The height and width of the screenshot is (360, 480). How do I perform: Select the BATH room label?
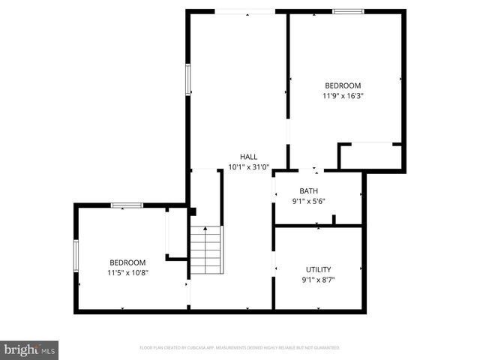[308, 190]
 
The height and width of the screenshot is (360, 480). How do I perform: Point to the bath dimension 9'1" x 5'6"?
[308, 201]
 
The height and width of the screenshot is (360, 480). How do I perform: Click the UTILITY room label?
[318, 269]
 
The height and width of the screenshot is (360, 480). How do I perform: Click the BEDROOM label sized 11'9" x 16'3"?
[342, 85]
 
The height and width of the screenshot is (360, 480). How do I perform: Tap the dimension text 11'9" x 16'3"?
[342, 96]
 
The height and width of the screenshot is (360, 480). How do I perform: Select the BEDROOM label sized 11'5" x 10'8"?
[127, 262]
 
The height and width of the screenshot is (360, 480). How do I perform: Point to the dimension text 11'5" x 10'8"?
[127, 273]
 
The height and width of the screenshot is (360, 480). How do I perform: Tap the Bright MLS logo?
[30, 349]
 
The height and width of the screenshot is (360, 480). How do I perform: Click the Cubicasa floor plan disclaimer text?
[240, 348]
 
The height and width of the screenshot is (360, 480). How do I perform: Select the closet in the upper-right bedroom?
[370, 157]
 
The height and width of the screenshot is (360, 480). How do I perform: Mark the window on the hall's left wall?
[188, 79]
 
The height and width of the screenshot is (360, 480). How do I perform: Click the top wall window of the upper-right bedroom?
[348, 11]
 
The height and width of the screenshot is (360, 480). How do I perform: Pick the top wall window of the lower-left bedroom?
[127, 205]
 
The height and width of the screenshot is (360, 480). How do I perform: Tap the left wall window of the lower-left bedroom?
[76, 255]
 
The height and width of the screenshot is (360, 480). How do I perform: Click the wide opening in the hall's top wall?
[245, 11]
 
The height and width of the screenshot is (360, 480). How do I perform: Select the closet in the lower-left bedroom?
[176, 233]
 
